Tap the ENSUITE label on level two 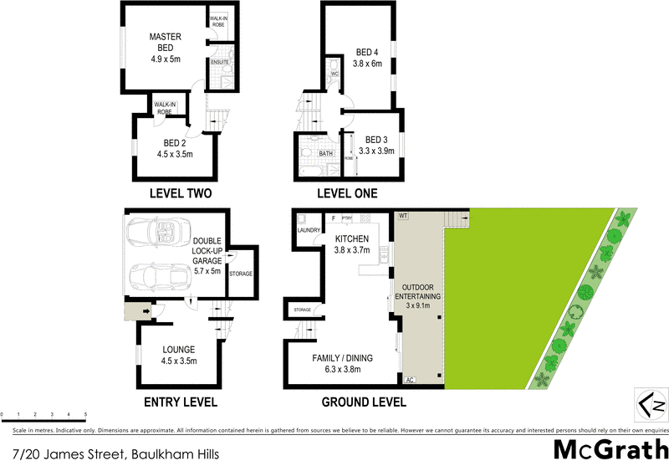point(219,63)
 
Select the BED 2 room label point(176,143)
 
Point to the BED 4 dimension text point(368,64)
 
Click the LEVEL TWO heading point(180,193)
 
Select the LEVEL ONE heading point(347,193)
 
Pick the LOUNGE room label point(180,349)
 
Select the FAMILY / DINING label point(343,358)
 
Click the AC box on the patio point(411,381)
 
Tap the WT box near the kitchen point(402,217)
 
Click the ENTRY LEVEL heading point(181,402)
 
